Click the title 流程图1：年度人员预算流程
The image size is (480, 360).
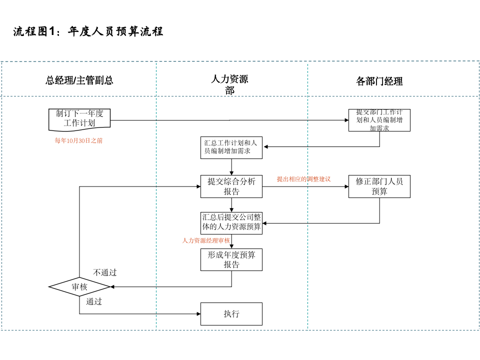click(x=88, y=31)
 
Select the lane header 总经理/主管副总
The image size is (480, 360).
click(x=79, y=80)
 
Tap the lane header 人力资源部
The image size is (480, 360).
click(x=229, y=84)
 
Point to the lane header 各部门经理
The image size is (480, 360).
click(x=379, y=81)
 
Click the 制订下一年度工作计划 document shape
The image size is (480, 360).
click(x=79, y=118)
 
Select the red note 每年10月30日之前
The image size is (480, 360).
click(x=78, y=141)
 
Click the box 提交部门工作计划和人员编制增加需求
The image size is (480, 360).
click(x=379, y=120)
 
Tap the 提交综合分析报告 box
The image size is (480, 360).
click(x=231, y=186)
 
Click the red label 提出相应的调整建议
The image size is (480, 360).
click(x=303, y=178)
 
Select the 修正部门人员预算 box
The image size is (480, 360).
click(x=379, y=186)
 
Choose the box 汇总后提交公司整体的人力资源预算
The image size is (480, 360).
click(x=231, y=222)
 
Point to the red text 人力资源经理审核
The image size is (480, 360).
click(x=206, y=240)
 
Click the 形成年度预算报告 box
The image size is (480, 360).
click(x=231, y=259)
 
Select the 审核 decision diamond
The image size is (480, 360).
click(x=79, y=287)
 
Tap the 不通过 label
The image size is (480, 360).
click(x=104, y=272)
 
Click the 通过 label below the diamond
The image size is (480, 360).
click(x=93, y=301)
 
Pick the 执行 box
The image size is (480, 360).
click(x=231, y=314)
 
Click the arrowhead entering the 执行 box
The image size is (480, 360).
click(x=198, y=314)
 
